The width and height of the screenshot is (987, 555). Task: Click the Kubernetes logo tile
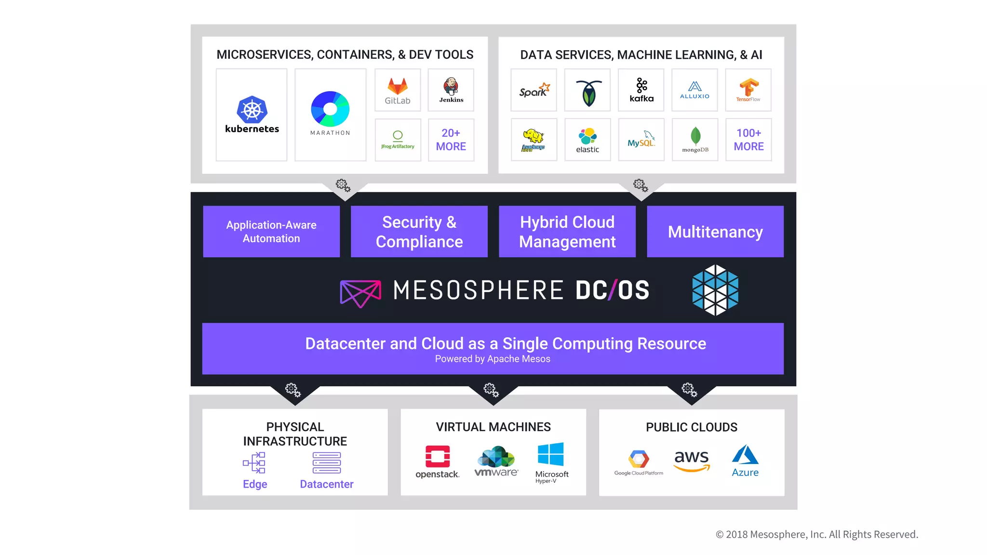(x=252, y=115)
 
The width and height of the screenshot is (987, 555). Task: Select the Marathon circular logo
(x=330, y=109)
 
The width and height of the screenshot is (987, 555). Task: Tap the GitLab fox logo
(x=398, y=86)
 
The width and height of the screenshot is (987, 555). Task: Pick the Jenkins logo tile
(x=451, y=90)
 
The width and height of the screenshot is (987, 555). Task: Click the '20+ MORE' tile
(x=451, y=140)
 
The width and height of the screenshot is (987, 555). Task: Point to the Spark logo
(x=534, y=90)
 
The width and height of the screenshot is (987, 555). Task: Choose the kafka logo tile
(x=641, y=90)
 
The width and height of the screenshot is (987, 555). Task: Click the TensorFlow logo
(x=748, y=89)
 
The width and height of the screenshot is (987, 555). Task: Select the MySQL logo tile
(x=641, y=140)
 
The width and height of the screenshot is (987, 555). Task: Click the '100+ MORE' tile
(x=748, y=140)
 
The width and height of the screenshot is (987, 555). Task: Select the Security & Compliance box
(x=419, y=232)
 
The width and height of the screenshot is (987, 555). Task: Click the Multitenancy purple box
(x=715, y=232)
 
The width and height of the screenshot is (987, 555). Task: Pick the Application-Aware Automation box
(x=271, y=232)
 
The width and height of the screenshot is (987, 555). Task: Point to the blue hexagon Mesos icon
(x=715, y=290)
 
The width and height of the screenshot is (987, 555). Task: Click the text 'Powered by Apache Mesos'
(x=493, y=359)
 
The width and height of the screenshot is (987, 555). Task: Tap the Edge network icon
(x=254, y=463)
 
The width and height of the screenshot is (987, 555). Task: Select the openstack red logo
(x=438, y=456)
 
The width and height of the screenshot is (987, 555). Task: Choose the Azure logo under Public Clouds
(x=745, y=455)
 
